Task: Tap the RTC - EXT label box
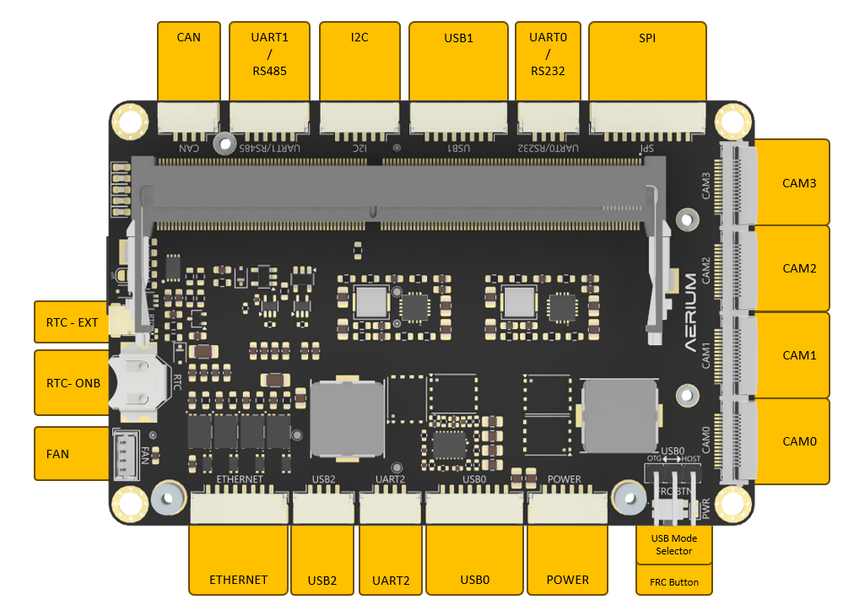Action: [72, 322]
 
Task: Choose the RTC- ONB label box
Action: [72, 383]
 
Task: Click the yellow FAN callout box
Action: [72, 454]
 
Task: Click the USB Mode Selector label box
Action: [673, 545]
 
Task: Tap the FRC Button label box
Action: [673, 582]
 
